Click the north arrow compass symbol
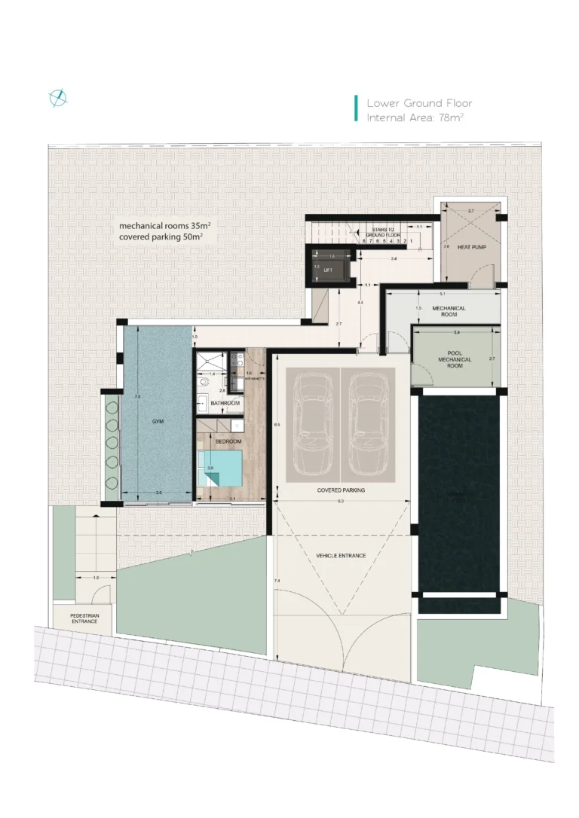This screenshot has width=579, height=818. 58,98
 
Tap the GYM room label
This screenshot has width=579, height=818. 158,422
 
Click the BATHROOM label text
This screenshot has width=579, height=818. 225,404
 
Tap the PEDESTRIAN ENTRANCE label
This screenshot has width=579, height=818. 84,618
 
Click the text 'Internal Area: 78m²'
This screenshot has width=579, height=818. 415,118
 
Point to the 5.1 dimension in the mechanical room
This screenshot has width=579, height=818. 442,294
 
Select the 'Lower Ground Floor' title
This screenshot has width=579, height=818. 419,103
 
